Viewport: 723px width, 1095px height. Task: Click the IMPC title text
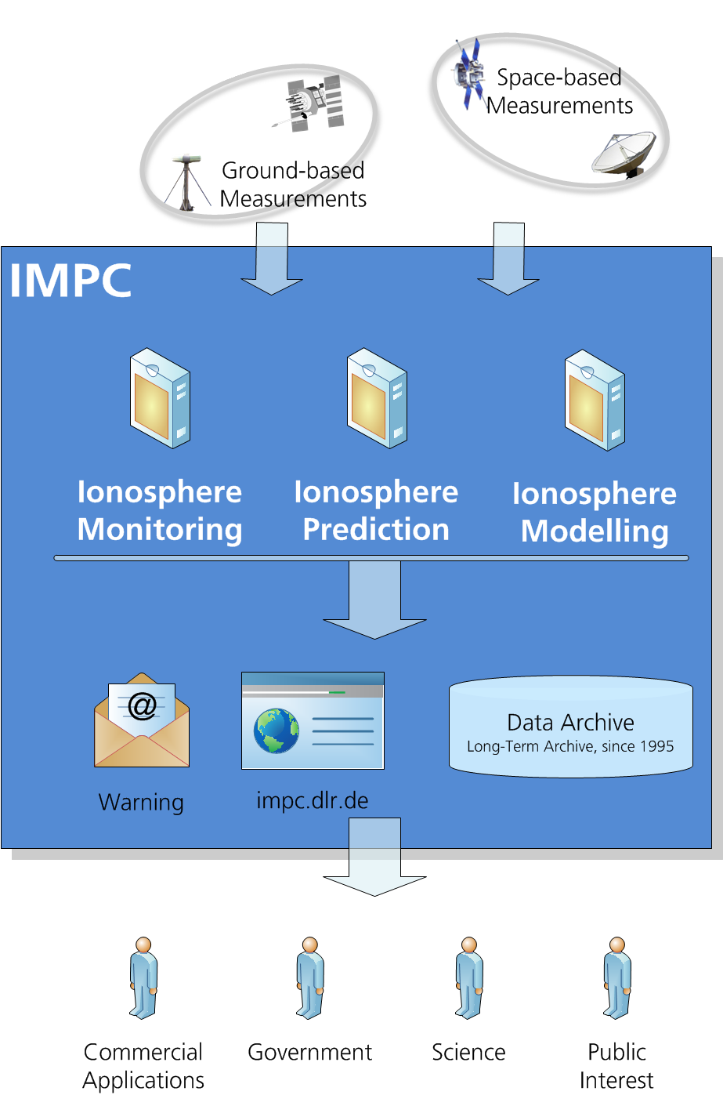pos(70,280)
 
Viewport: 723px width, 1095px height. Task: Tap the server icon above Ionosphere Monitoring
pos(161,398)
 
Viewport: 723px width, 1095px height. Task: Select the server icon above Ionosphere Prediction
pos(377,398)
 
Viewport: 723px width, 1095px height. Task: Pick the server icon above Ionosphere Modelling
pos(595,400)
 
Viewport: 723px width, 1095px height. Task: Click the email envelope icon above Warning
pos(142,720)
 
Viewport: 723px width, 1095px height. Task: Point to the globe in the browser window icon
pos(277,731)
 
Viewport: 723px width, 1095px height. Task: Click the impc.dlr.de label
pos(313,800)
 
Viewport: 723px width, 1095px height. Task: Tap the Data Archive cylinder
pos(570,727)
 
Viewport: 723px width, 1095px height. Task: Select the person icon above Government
pos(309,977)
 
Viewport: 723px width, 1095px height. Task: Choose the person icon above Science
pos(469,977)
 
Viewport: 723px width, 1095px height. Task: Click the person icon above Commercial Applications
pos(143,977)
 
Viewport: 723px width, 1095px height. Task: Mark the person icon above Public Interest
pos(617,977)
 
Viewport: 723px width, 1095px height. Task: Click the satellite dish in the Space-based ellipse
pos(624,154)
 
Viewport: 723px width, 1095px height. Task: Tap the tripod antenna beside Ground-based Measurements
pos(187,183)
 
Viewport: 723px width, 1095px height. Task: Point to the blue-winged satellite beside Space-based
pos(469,74)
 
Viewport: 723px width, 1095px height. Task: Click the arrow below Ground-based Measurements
pos(272,259)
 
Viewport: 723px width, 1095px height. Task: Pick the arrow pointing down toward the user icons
pos(374,857)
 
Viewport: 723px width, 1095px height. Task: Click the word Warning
pos(141,802)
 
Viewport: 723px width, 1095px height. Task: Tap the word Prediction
pos(376,529)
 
